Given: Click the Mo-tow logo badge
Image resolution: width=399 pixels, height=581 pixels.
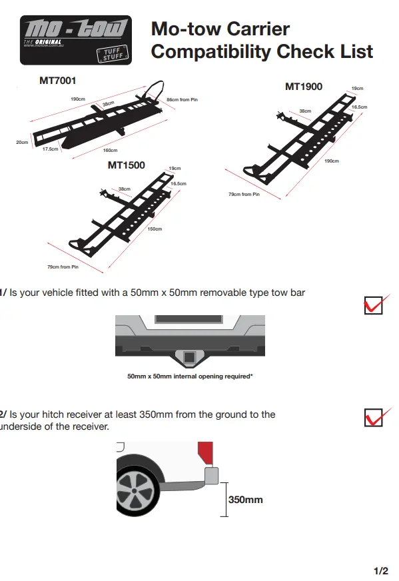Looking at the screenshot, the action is point(76,40).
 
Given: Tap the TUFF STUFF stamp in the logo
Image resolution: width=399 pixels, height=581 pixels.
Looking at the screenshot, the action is point(113,54).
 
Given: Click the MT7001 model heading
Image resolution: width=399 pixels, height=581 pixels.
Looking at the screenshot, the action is point(58,81).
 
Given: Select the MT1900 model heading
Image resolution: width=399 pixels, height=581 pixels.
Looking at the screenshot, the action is point(304,87).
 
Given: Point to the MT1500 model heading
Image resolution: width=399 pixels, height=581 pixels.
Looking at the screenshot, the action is point(127,165).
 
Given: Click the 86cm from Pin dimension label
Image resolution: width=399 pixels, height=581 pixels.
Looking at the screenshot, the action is point(182,100).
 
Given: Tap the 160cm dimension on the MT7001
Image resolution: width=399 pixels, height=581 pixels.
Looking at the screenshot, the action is point(110,151).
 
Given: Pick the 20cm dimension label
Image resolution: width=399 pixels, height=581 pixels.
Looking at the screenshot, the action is point(22,143).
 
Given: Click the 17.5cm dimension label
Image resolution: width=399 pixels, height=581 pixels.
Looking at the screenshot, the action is point(51,149).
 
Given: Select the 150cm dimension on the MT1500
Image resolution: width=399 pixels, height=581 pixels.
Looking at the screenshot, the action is point(155,229).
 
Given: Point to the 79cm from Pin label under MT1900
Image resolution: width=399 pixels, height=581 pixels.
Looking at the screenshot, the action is point(244,194).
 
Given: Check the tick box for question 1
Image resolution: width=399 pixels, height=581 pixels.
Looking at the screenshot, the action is point(374,305).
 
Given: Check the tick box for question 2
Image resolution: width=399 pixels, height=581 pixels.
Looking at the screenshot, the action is point(374,418).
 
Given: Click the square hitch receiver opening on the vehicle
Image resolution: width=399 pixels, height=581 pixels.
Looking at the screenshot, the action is point(189,357).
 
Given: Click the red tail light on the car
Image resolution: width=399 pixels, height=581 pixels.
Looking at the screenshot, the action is point(206,453).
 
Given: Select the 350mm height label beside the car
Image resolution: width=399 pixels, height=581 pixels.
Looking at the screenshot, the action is point(246,500).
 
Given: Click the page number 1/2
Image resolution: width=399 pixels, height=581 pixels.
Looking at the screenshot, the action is point(381,571).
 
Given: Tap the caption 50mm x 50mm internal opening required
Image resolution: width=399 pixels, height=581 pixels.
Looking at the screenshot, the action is point(190,376).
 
